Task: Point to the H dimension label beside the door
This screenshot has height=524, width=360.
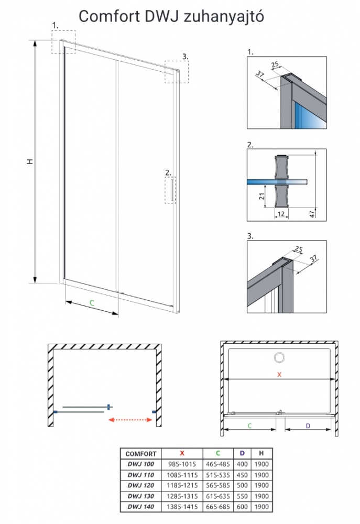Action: pos(30,162)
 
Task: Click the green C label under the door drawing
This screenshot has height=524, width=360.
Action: pos(91,302)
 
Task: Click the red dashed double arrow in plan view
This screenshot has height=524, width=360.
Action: pos(129,419)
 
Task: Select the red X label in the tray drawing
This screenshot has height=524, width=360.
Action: pos(279,374)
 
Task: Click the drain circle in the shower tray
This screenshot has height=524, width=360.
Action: pos(278,358)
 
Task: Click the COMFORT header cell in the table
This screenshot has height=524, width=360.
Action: pos(140,454)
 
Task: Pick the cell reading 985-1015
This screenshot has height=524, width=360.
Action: pos(182,464)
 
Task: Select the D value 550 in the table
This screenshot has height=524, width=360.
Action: pos(243,496)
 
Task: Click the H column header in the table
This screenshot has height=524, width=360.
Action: pos(261,454)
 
